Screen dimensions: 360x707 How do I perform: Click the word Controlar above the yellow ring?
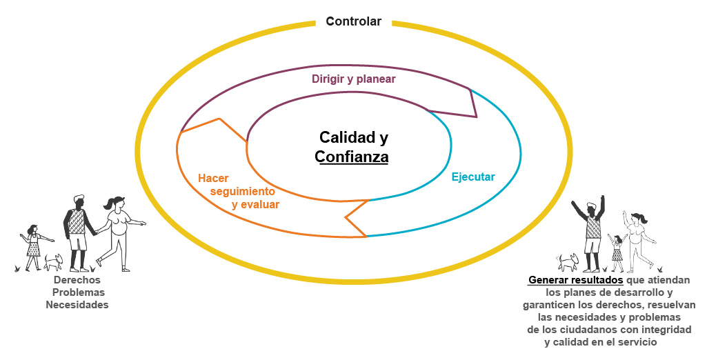(353, 21)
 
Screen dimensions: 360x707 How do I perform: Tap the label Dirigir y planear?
(353, 79)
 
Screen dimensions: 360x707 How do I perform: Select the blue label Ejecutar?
(473, 177)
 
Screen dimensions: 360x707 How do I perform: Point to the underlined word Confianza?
(352, 157)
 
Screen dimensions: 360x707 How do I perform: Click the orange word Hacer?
(213, 178)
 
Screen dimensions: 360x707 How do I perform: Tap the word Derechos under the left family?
(77, 280)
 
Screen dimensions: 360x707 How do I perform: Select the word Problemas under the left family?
(77, 292)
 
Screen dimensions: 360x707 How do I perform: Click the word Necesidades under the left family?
(77, 305)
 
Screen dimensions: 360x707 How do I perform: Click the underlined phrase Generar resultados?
(576, 281)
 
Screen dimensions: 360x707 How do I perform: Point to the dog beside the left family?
(54, 262)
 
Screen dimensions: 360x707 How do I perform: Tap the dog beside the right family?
(568, 261)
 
